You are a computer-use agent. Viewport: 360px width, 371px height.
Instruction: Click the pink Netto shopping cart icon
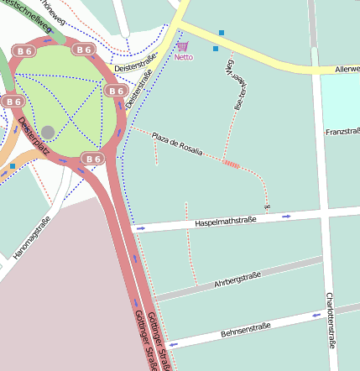click(182, 47)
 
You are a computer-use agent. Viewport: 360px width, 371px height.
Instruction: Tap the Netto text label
click(182, 58)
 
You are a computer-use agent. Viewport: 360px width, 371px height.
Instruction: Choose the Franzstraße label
click(342, 133)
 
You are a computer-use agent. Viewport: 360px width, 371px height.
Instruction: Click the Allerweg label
click(347, 69)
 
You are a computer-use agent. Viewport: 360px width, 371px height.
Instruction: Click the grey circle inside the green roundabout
click(48, 132)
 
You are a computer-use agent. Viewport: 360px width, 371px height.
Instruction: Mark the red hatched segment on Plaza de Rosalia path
click(232, 165)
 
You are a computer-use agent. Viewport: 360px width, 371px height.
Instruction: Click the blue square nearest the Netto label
click(216, 49)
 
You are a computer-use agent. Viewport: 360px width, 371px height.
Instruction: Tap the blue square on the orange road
click(12, 166)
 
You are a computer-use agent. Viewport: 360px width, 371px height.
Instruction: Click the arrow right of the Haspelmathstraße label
click(286, 217)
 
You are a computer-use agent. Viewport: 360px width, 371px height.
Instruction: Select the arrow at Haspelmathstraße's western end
click(140, 228)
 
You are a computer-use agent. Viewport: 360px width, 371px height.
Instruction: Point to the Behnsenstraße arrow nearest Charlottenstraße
click(317, 316)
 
